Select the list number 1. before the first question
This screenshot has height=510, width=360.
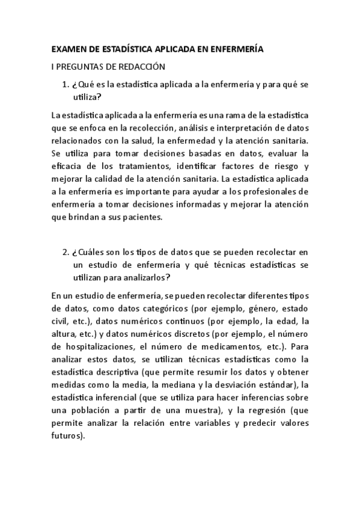pos(67,84)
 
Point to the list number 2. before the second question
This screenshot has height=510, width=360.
pos(67,250)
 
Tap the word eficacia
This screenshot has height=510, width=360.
pos(67,165)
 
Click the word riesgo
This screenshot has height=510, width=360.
pos(284,165)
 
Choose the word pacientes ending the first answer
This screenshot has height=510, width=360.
pos(142,218)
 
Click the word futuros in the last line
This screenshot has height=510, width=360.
pos(67,437)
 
